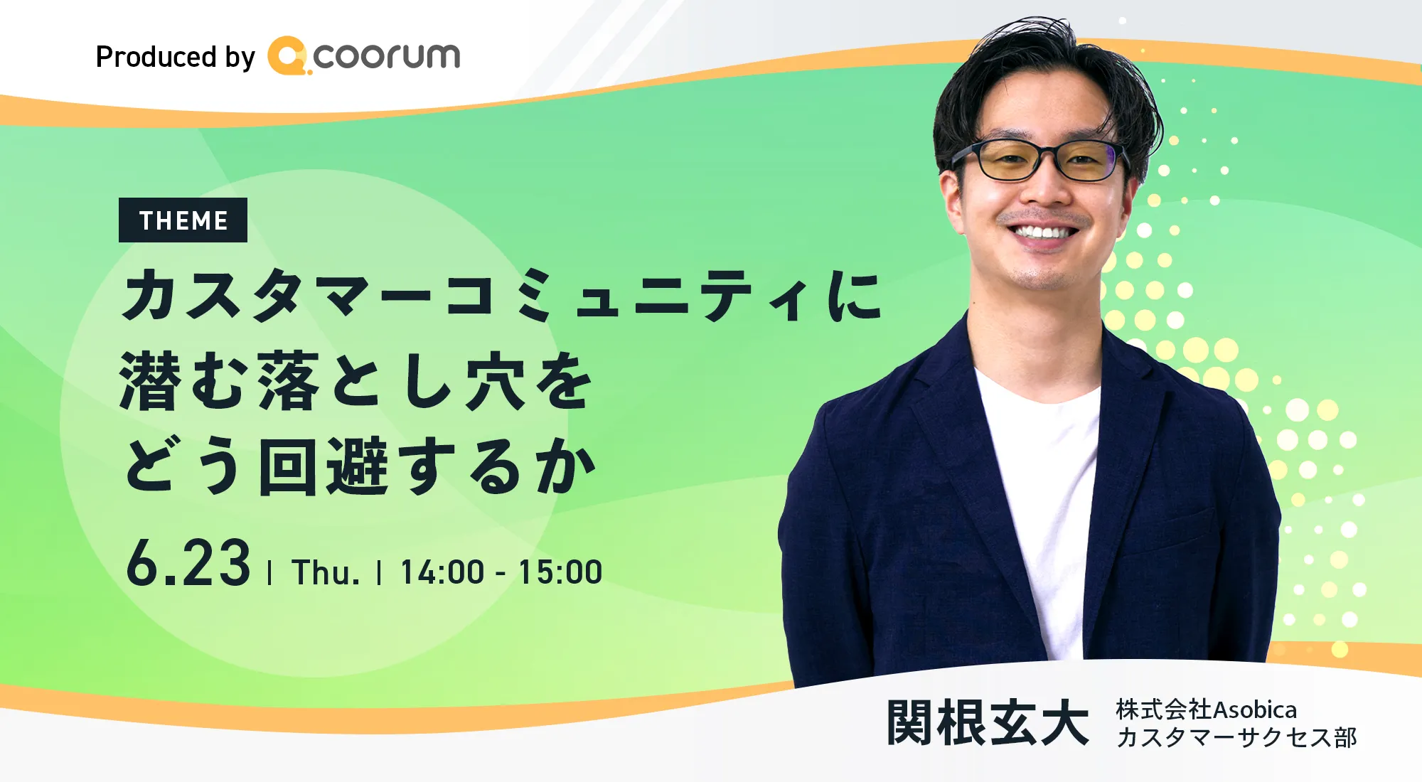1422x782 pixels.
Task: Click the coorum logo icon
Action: (288, 55)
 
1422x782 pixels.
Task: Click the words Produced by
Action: (175, 57)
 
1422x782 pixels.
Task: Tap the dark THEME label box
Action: (183, 220)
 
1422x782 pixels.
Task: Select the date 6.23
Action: (188, 563)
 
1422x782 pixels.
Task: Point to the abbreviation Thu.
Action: (326, 572)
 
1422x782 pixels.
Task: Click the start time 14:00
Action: (442, 572)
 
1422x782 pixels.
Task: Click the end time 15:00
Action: (560, 572)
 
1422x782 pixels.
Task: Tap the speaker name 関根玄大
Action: (988, 722)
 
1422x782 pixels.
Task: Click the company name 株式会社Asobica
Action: (1207, 709)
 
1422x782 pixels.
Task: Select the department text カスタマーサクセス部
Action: (1236, 737)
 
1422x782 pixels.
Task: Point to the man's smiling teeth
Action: (1042, 232)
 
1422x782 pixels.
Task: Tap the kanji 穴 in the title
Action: (496, 381)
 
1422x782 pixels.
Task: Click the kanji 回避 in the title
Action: (324, 466)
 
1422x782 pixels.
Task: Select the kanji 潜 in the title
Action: (150, 381)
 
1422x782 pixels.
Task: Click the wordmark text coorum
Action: (387, 56)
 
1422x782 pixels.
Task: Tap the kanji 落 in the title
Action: (289, 381)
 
